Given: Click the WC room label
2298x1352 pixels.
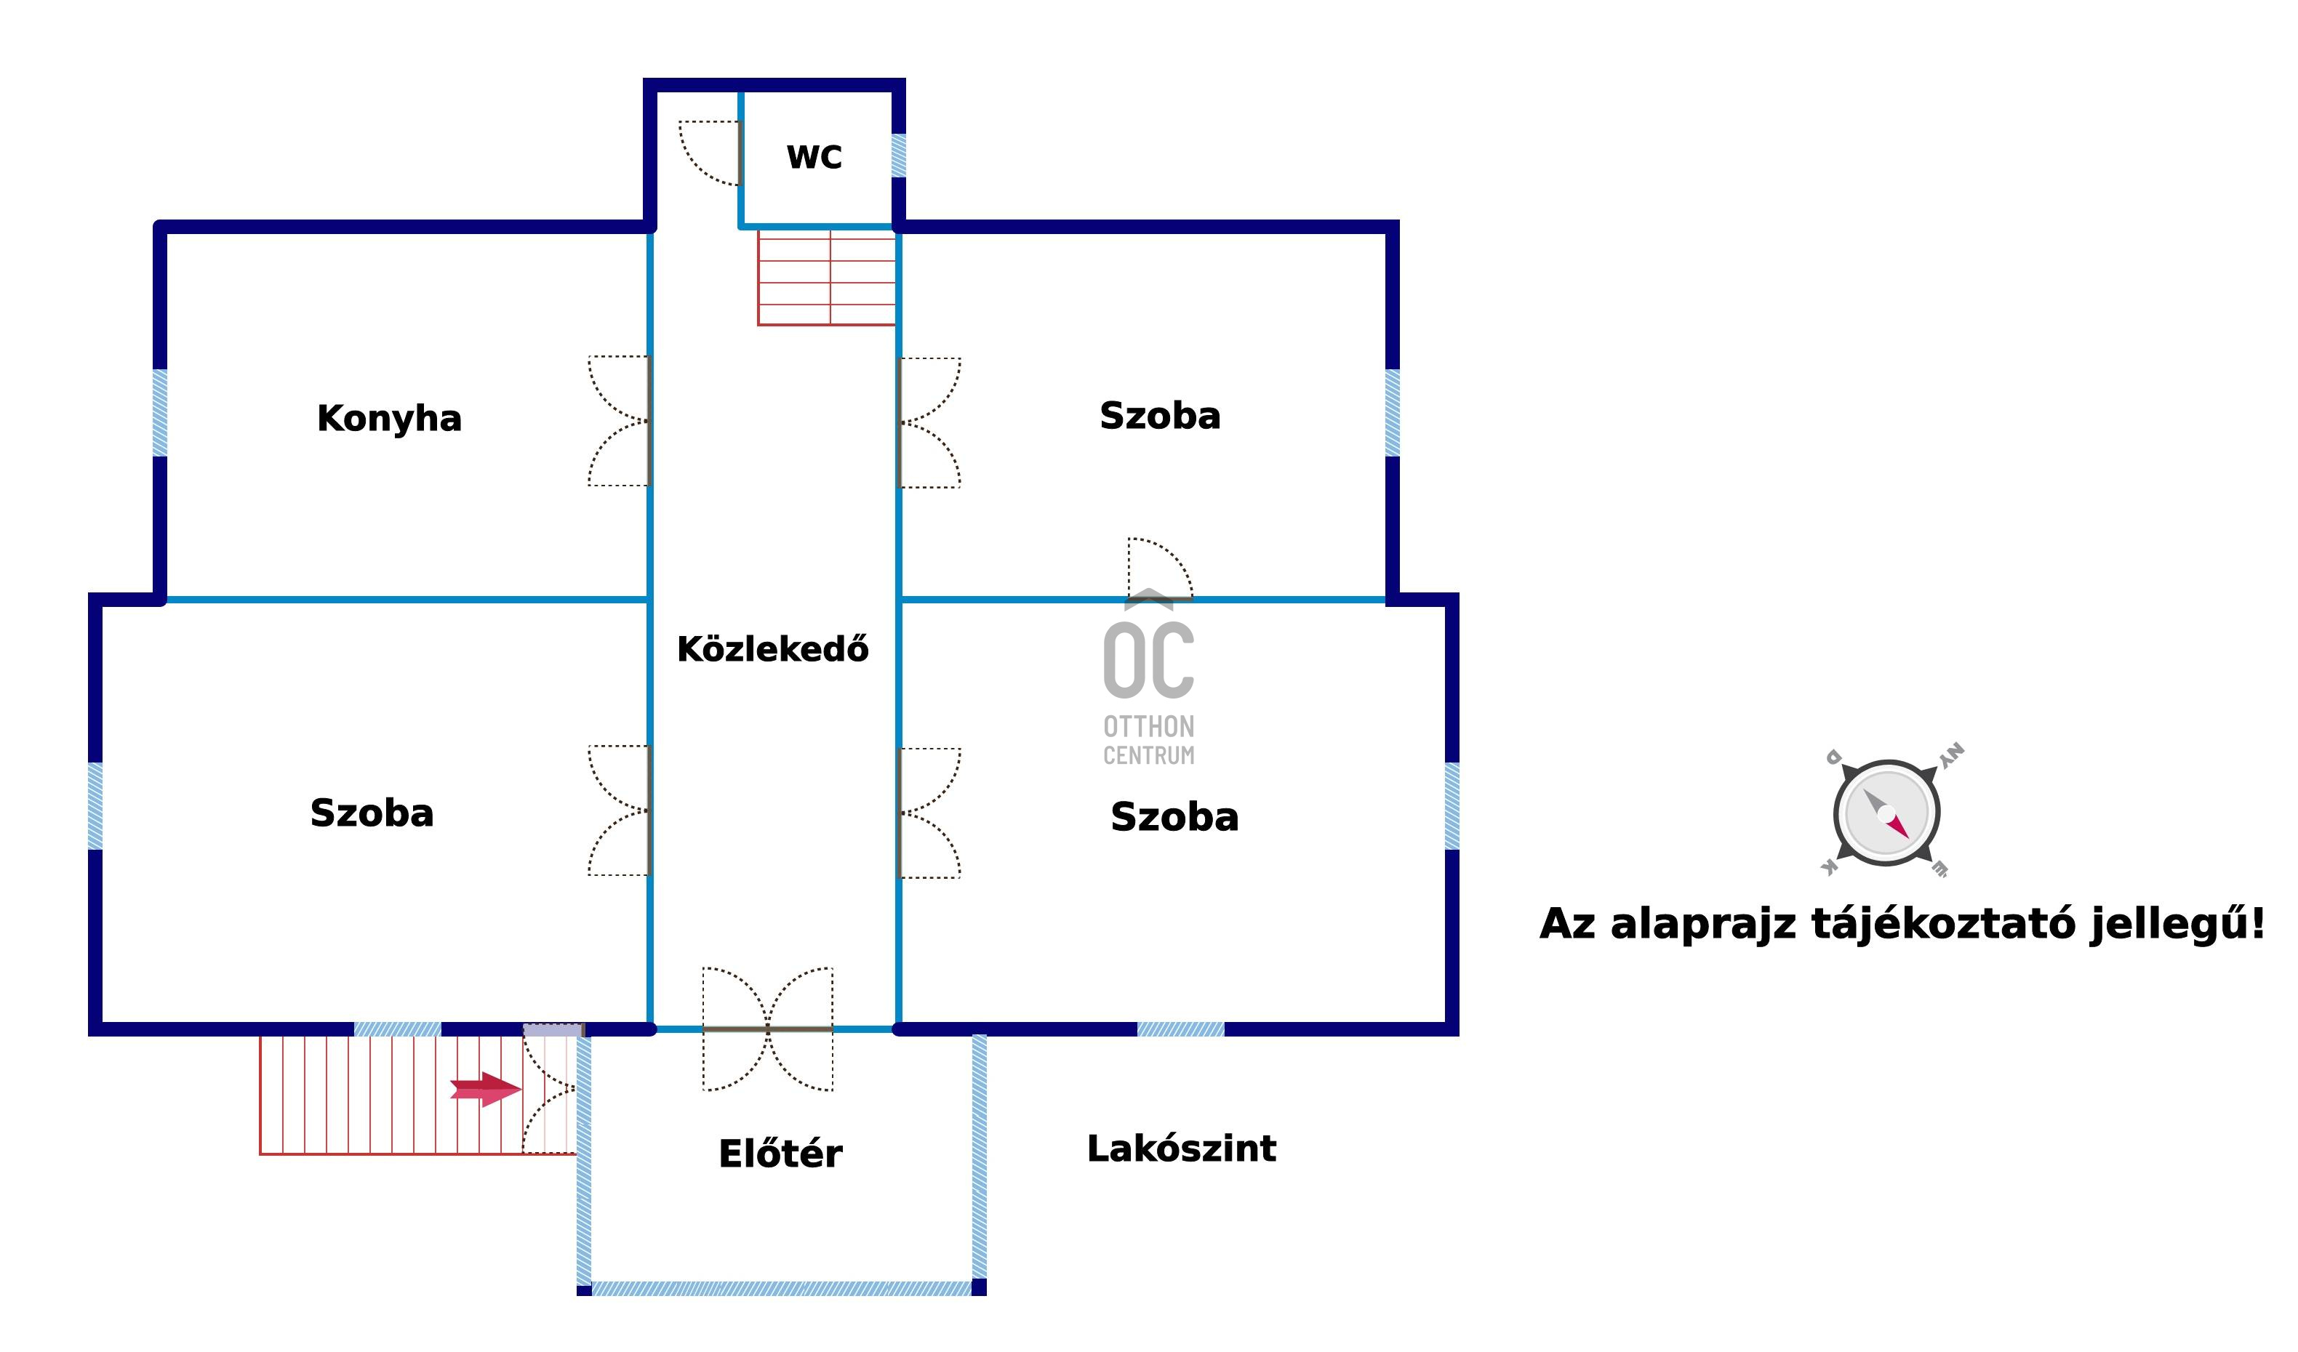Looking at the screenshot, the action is coord(814,157).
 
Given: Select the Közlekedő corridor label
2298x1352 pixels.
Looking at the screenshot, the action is coord(773,649).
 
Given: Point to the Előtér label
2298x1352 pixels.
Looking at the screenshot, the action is coord(780,1154).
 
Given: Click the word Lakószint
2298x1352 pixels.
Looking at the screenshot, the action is coord(1182,1148).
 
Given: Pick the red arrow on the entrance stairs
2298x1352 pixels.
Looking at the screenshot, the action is coord(486,1090).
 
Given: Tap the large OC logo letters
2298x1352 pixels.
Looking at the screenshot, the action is coord(1149,659).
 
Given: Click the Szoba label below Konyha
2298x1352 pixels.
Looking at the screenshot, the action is coord(372,813).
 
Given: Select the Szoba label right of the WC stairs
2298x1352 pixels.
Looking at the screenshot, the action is coord(1160,416).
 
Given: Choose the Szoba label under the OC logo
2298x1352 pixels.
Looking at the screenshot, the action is coord(1174,817).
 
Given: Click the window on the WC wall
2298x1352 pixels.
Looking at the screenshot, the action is coord(898,156).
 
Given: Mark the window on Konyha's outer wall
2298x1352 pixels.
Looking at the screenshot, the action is coord(159,412).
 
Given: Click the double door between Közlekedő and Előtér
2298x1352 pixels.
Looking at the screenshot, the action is coord(768,1029).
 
